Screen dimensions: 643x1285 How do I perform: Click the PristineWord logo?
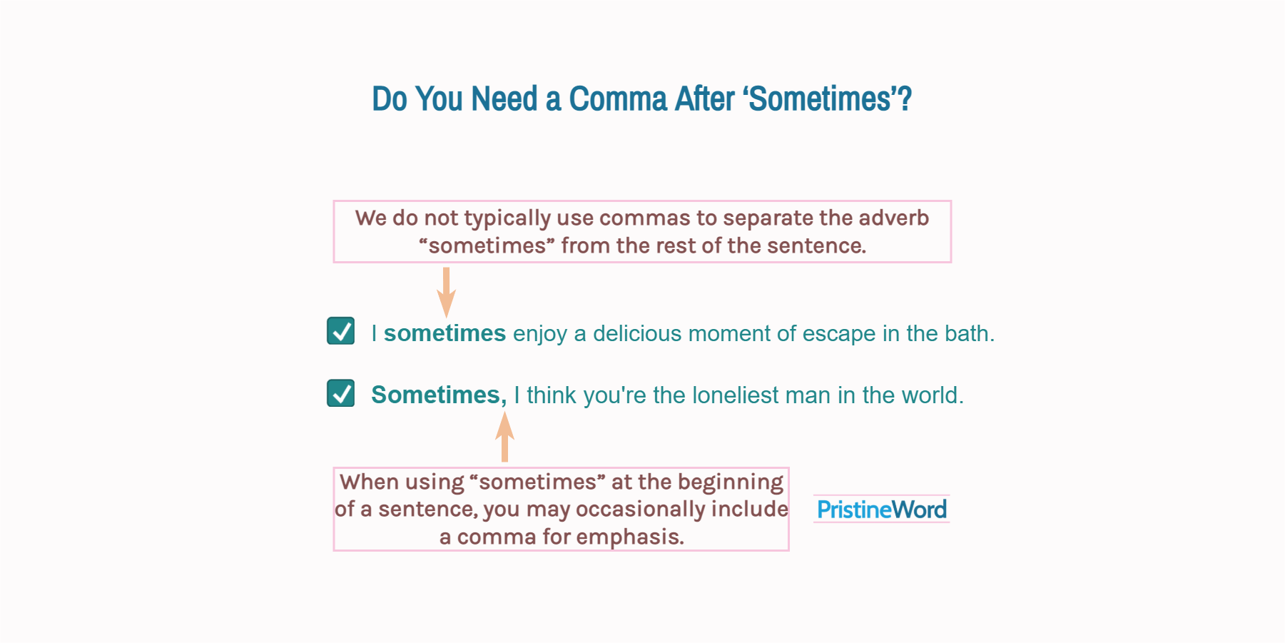(x=881, y=510)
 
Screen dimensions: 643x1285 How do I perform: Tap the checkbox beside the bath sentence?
(x=341, y=331)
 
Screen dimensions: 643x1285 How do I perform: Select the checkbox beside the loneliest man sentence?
(x=341, y=393)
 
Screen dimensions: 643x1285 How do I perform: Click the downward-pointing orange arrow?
(x=446, y=292)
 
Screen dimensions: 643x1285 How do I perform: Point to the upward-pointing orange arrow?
(x=504, y=436)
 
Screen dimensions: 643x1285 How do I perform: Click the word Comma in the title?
(x=617, y=99)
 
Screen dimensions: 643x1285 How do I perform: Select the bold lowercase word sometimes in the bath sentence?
(x=445, y=333)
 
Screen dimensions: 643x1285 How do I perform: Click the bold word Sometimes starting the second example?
(x=437, y=395)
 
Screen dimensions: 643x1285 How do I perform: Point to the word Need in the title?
(x=504, y=99)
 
